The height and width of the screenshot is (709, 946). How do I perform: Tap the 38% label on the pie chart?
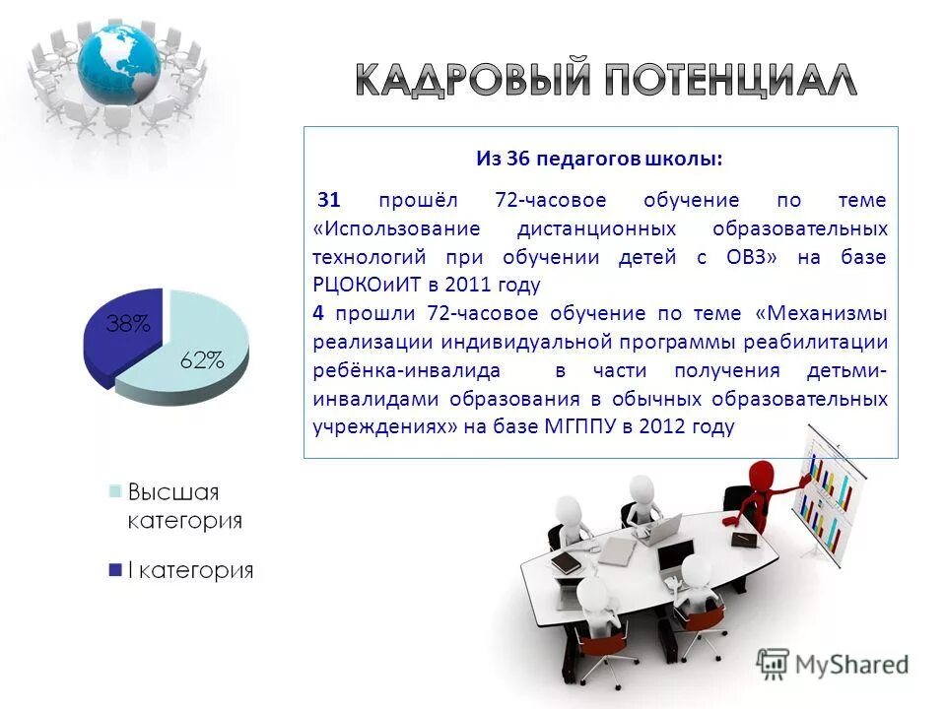tap(128, 324)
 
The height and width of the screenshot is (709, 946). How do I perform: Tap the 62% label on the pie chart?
tap(201, 360)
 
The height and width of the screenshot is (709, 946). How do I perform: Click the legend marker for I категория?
tap(115, 569)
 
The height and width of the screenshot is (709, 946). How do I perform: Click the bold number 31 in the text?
tap(328, 200)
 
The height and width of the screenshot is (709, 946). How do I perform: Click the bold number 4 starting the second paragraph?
tap(318, 313)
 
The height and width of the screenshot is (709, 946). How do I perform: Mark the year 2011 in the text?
tap(466, 286)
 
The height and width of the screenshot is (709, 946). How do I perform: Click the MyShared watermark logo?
tap(833, 663)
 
